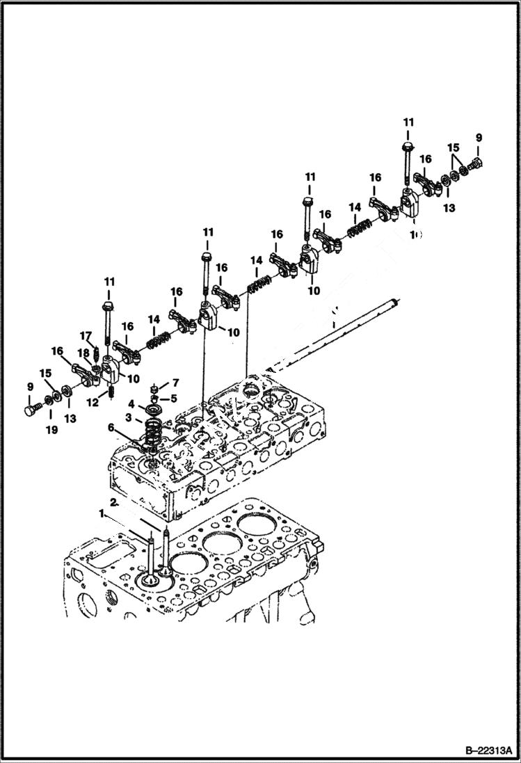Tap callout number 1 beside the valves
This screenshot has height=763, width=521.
102,513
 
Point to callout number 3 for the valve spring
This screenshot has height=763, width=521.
128,417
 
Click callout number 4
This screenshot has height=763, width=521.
131,403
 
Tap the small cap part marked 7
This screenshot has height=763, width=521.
157,386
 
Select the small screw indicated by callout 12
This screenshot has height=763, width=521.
110,394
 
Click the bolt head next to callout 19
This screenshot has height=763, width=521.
31,410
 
